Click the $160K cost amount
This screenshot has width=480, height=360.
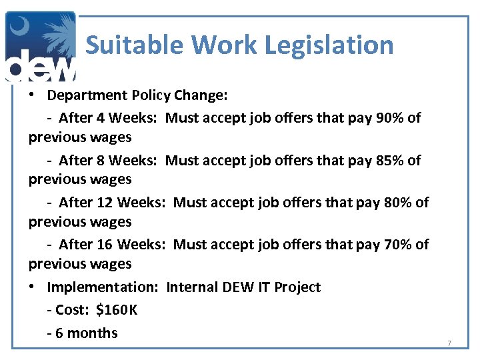(x=117, y=310)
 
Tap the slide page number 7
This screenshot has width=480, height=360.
(x=449, y=343)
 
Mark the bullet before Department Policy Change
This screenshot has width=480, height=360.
(x=32, y=95)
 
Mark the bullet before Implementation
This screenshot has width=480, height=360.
(x=32, y=287)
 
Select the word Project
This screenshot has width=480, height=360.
(x=297, y=287)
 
